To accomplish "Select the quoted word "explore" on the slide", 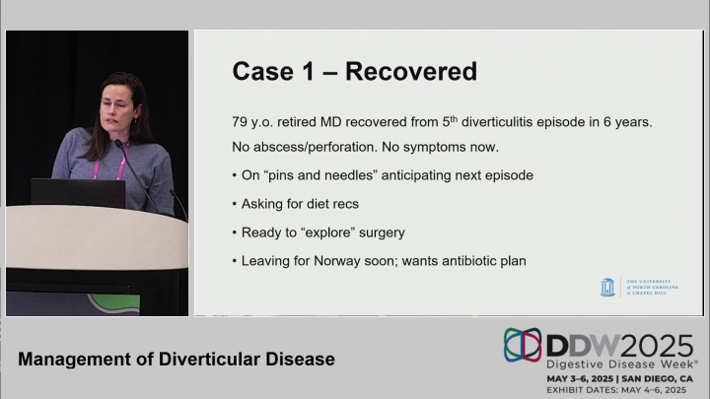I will point(334,233).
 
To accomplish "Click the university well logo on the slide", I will point(607,287).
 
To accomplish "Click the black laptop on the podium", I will point(78,192).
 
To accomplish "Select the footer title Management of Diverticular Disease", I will point(177,360).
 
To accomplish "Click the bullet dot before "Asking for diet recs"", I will point(233,204).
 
